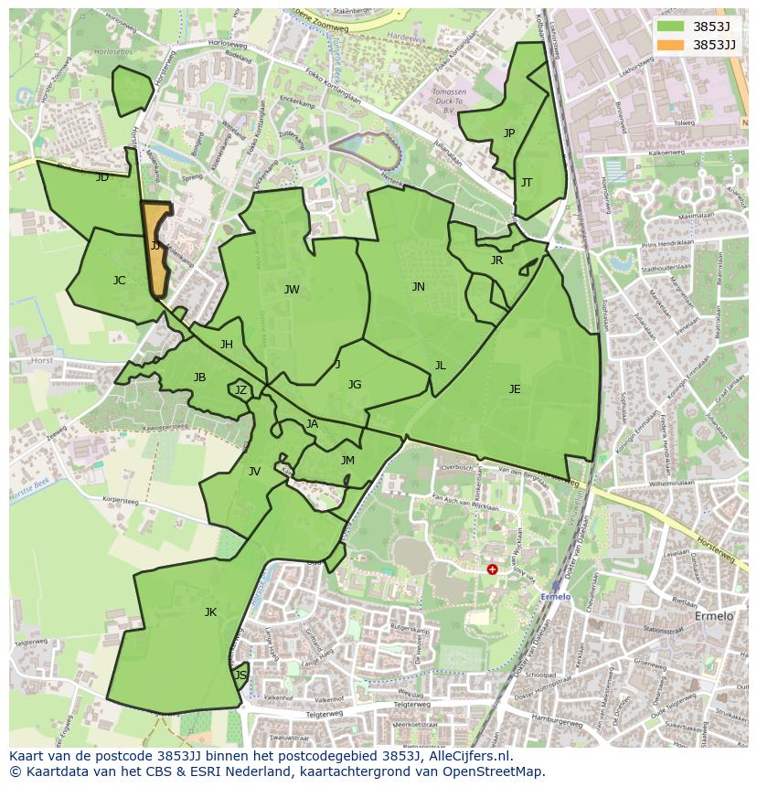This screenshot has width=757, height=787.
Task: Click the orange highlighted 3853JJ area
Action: coord(156,250)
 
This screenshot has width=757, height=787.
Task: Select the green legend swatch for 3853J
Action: coord(670,27)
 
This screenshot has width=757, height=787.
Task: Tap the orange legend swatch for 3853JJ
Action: coord(670,45)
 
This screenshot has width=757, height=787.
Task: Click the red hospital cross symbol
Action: coord(492,569)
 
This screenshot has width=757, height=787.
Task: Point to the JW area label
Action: coord(292,290)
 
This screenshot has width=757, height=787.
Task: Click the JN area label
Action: coord(418,287)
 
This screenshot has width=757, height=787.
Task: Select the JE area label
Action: coord(515,389)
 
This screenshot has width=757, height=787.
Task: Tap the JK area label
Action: coord(210,612)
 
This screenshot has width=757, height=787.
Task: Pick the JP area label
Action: coord(509,133)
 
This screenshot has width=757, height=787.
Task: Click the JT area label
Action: coord(527,183)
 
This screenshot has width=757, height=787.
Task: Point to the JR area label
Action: coord(496,261)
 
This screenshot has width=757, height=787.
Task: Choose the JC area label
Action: coord(119,281)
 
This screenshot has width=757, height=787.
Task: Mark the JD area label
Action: coord(101,177)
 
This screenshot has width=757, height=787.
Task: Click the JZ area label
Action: coord(240,390)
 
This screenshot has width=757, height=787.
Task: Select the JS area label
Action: coord(240,675)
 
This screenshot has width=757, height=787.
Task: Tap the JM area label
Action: coord(347,461)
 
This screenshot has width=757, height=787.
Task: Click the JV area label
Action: coord(254,472)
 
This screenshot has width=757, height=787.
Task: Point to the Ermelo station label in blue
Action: coord(556,597)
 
